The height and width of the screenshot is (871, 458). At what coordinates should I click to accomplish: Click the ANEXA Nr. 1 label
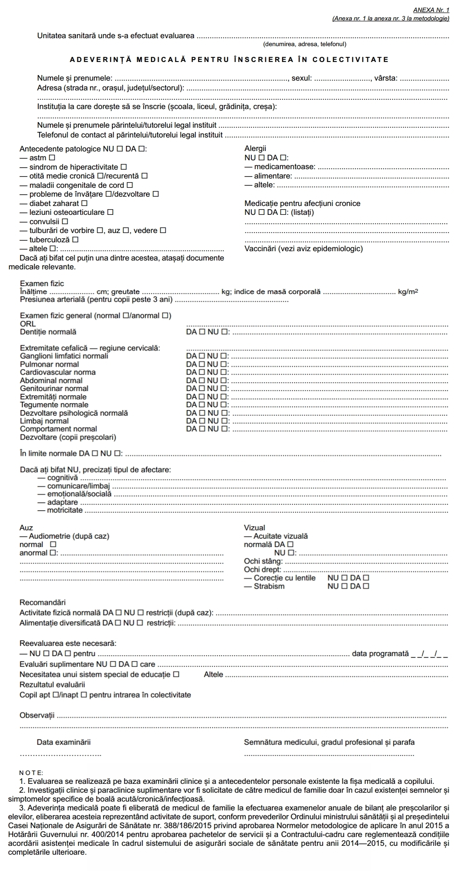point(431,10)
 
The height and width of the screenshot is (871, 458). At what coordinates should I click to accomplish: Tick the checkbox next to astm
point(52,158)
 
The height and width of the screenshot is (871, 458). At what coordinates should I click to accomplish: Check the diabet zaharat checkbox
point(84,203)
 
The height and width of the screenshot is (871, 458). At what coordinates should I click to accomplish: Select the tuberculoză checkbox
point(75,240)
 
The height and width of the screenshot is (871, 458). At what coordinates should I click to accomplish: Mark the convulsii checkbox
point(65,221)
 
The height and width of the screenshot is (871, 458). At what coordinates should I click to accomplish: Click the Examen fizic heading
point(42,283)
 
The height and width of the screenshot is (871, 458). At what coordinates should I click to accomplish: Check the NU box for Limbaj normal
point(224,421)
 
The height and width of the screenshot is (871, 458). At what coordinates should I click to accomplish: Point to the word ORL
point(28,324)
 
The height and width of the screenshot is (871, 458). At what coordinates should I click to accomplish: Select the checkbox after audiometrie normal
point(53,544)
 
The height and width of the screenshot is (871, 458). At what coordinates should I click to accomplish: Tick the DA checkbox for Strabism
point(366,586)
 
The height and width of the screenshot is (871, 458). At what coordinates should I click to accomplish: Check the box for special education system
point(176,674)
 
